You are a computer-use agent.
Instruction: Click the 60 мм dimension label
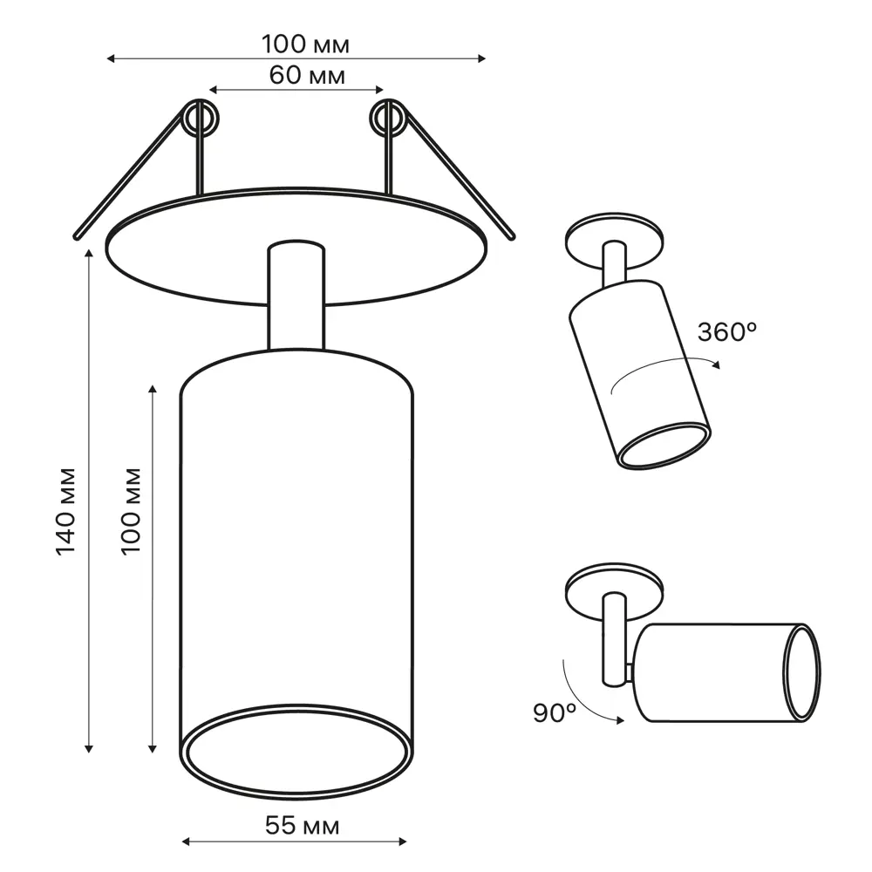(x=307, y=75)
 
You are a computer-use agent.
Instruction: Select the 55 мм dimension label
(x=302, y=826)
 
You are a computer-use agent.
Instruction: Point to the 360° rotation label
(x=727, y=332)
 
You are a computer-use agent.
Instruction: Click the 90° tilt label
(x=555, y=713)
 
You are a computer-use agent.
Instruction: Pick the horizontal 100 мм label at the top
(x=305, y=44)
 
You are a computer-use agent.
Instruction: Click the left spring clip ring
(x=200, y=119)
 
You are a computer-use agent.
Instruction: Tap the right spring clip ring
(x=388, y=119)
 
